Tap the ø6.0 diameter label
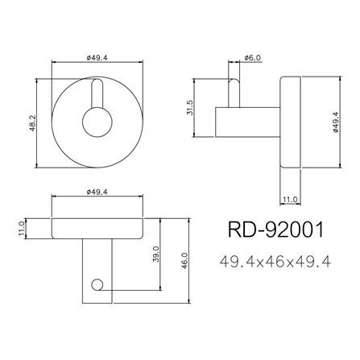[x=253, y=57]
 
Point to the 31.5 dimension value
[x=189, y=108]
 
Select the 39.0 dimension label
[x=156, y=254]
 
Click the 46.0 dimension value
[x=185, y=261]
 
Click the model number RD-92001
[x=276, y=230]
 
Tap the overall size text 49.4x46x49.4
[x=275, y=262]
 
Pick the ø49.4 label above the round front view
[x=97, y=57]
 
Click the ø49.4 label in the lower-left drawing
[x=97, y=192]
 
